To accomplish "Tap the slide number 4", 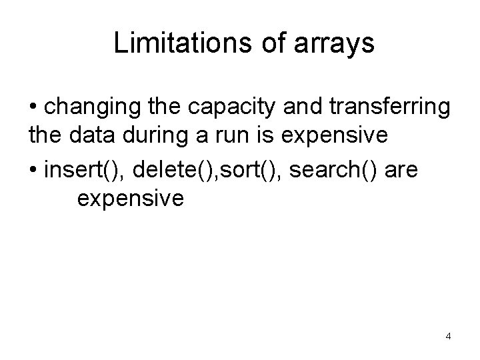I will click(x=448, y=336).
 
